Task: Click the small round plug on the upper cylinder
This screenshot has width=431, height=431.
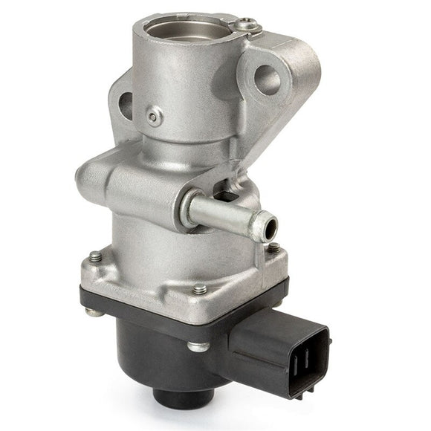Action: [x=154, y=116]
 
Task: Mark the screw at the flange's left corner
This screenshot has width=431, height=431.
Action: [x=96, y=256]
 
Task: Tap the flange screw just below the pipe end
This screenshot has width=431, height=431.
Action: [x=273, y=248]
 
